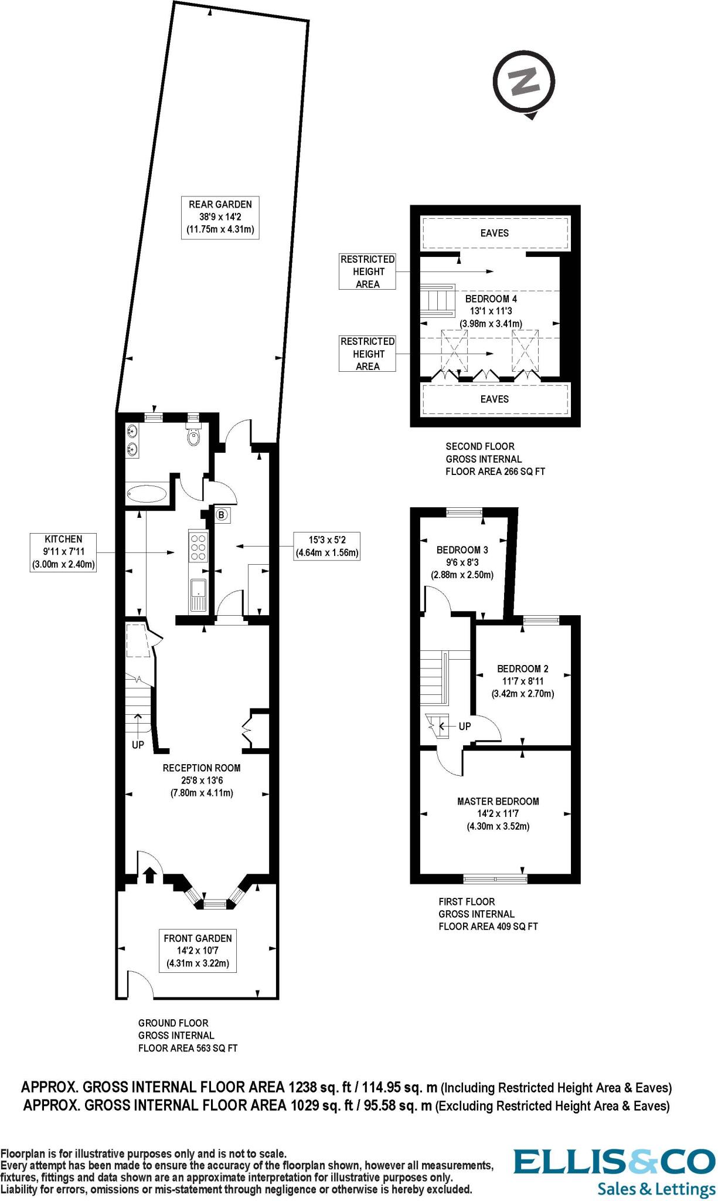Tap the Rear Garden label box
point(220,217)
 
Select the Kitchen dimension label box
point(63,552)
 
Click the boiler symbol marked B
point(222,515)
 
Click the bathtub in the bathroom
point(146,493)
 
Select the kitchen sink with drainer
point(198,595)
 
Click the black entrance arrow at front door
point(149,876)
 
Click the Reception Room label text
point(202,768)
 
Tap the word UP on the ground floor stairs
point(138,746)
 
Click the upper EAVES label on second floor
point(494,233)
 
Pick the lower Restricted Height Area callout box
point(367,354)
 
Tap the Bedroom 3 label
point(462,550)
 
